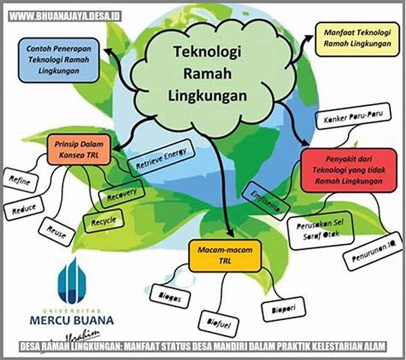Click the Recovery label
pyautogui.click(x=122, y=195)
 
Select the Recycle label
pyautogui.click(x=104, y=221)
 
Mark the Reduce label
pyautogui.click(x=25, y=208)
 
